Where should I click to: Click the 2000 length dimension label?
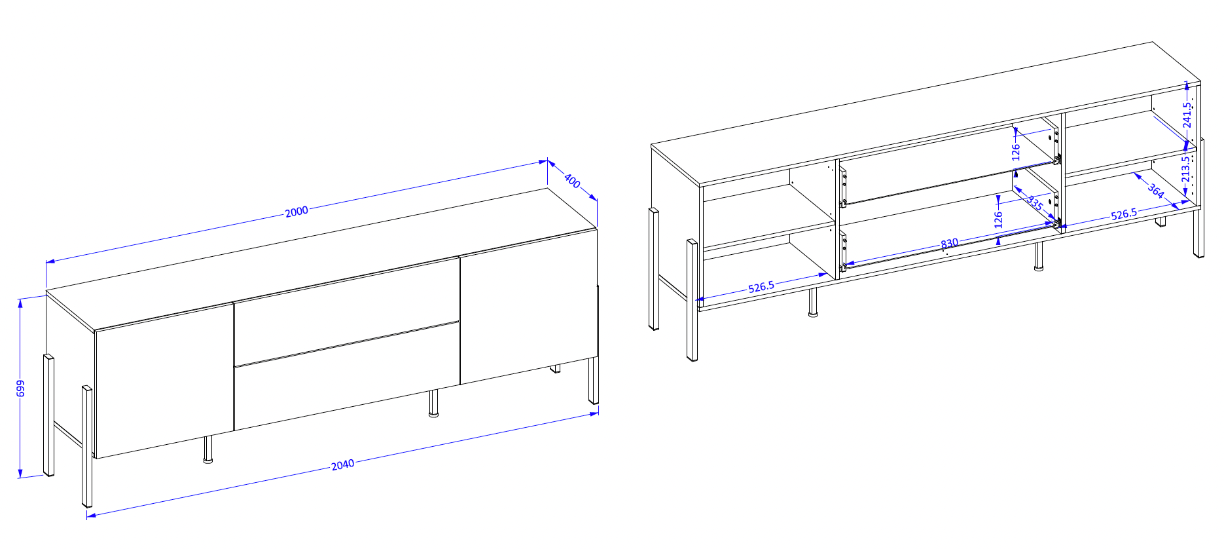(297, 211)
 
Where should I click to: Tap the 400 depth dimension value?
(572, 181)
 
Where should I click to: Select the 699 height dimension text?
(20, 388)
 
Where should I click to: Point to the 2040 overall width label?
(342, 464)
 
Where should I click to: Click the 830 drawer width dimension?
(949, 243)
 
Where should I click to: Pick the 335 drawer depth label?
(1035, 203)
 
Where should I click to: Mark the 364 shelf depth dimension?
(1156, 191)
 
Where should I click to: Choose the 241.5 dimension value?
(1187, 115)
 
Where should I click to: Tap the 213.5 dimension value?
(1185, 169)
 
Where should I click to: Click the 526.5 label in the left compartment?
(761, 287)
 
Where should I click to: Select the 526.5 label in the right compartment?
(1124, 214)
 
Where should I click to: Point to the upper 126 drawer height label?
(1016, 152)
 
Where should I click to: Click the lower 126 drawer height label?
(998, 219)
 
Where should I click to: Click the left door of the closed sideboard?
(164, 380)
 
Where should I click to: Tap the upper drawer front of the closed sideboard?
(346, 312)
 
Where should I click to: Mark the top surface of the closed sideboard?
(321, 259)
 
